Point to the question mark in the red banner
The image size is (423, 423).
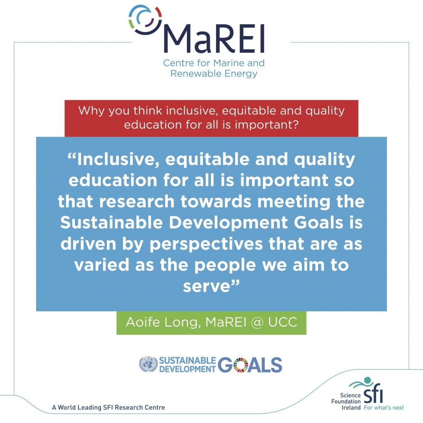[x=295, y=124]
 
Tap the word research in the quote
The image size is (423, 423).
[x=137, y=202]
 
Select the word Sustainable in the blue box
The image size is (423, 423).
[x=111, y=223]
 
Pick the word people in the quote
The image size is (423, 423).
[x=225, y=266]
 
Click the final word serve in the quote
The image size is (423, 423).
[x=207, y=287]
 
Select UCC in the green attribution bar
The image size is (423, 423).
[x=283, y=322]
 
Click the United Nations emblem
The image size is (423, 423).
[x=148, y=364]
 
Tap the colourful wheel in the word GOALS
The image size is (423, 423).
[x=240, y=365]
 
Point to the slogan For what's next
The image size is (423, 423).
[x=384, y=407]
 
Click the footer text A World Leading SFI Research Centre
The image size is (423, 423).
[x=108, y=407]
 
